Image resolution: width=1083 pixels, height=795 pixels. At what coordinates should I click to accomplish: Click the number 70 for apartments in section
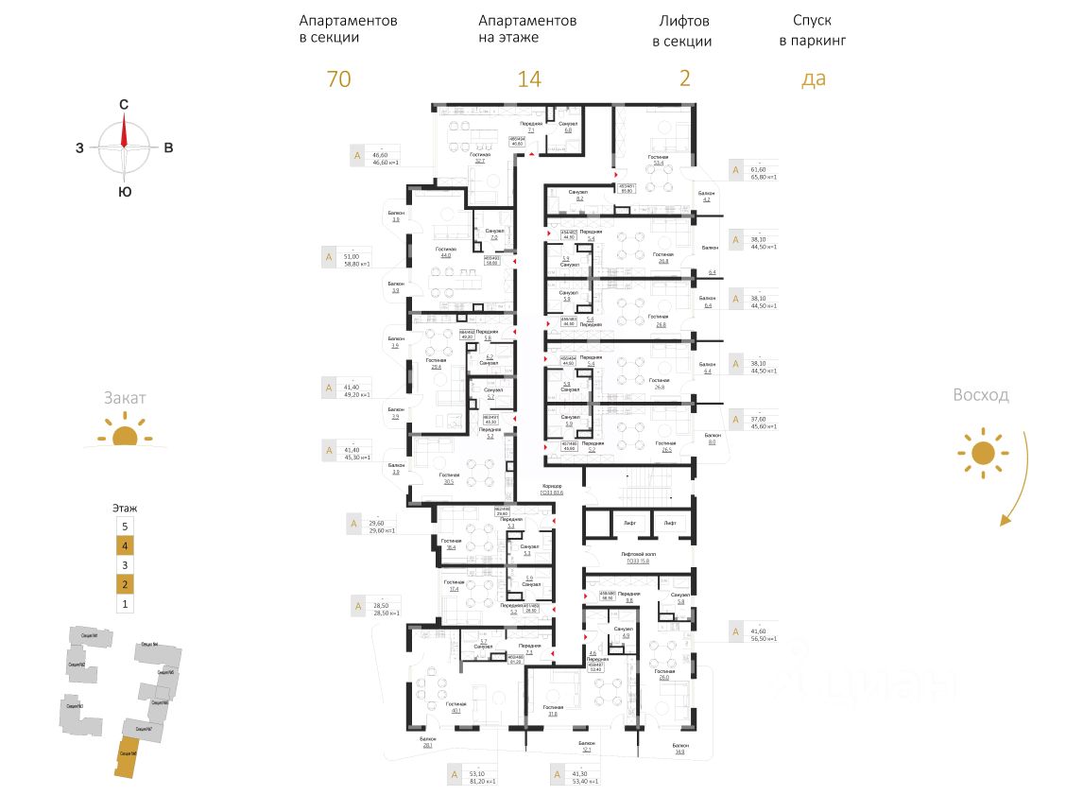click(x=338, y=79)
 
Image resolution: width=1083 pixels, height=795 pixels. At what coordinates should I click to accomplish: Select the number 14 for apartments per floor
click(x=528, y=79)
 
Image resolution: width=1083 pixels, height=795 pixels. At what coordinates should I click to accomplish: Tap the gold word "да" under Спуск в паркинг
click(x=813, y=79)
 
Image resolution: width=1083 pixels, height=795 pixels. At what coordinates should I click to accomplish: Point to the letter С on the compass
click(x=123, y=106)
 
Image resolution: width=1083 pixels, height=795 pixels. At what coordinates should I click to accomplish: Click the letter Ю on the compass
click(x=124, y=192)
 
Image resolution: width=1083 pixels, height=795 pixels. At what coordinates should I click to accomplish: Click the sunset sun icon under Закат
click(x=125, y=436)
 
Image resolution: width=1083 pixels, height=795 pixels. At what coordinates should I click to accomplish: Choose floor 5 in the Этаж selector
click(x=122, y=526)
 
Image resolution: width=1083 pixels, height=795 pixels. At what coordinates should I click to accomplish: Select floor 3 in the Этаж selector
click(x=122, y=564)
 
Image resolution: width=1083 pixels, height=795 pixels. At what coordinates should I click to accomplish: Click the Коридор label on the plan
click(x=552, y=486)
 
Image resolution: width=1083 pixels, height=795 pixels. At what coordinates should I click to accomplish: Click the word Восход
click(x=980, y=395)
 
